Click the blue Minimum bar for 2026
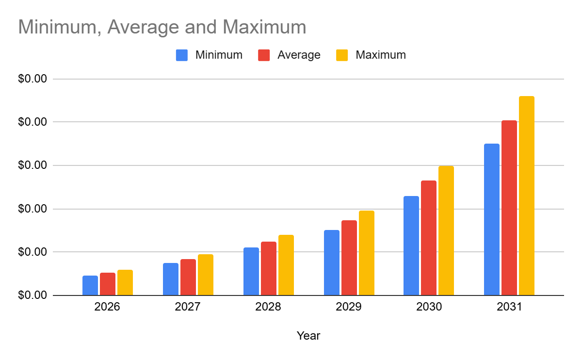click(x=90, y=286)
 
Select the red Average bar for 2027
click(x=188, y=278)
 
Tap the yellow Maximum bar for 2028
click(x=286, y=265)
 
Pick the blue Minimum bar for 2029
click(x=332, y=263)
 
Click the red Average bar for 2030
click(x=429, y=238)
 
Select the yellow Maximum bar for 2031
click(x=527, y=196)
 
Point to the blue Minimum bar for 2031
click(x=492, y=220)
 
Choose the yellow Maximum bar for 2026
click(x=125, y=283)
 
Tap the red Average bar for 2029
click(x=349, y=258)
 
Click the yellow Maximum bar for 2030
click(x=446, y=231)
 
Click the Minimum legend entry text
click(x=219, y=55)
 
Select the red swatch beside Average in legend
click(x=264, y=55)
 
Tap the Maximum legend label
click(x=381, y=55)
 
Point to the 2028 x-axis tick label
click(x=268, y=308)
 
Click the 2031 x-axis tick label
click(x=509, y=308)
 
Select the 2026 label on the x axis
click(x=107, y=308)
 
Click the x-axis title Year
click(x=308, y=336)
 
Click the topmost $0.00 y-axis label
click(x=32, y=79)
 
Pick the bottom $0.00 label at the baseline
click(x=32, y=295)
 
